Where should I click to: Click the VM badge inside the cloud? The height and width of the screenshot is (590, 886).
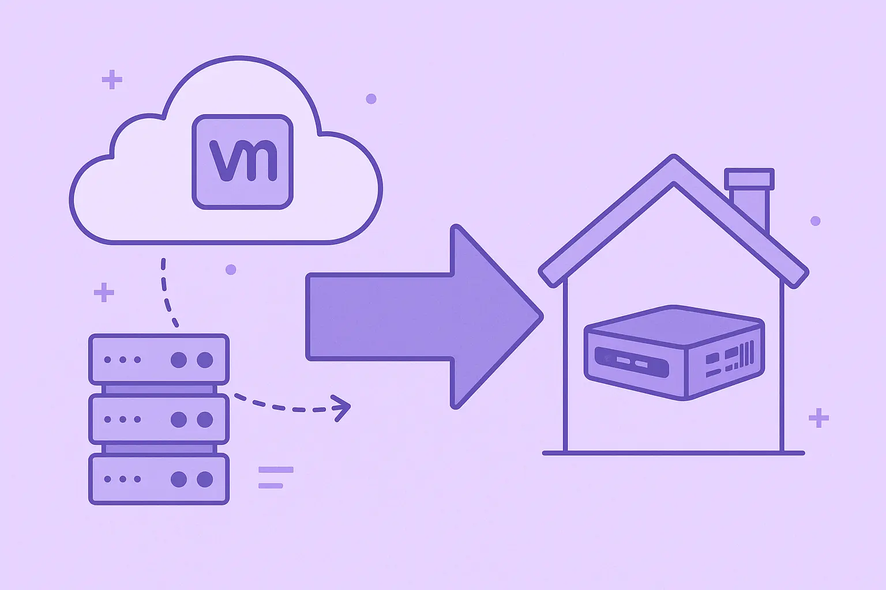242,162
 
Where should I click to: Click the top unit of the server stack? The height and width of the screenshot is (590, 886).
159,360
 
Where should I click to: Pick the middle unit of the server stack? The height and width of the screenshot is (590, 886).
159,419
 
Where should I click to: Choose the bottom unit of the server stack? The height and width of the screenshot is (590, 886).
159,479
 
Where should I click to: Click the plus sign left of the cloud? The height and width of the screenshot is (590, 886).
112,80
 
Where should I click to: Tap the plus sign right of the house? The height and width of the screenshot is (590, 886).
819,418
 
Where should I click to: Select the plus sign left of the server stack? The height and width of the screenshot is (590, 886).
104,293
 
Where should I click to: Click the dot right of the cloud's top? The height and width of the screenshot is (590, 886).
371,99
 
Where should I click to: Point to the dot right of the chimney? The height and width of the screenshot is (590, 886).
815,221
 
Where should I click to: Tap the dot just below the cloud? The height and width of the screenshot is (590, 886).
231,269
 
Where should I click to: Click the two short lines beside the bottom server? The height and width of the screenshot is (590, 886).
275,478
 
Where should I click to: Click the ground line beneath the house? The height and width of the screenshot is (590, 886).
673,453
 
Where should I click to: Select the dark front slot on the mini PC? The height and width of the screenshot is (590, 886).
632,362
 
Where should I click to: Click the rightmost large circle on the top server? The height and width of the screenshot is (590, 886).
205,360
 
